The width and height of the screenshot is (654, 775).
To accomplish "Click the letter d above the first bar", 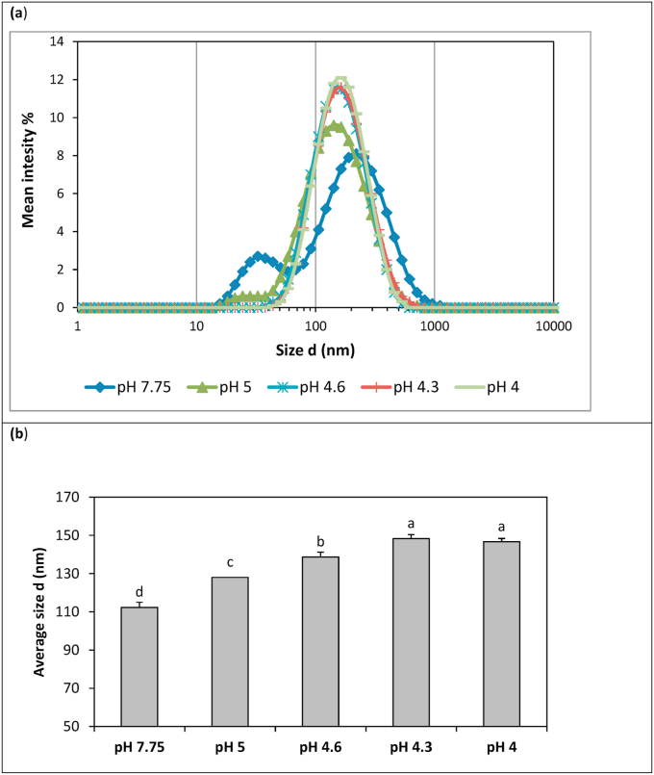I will click(138, 591).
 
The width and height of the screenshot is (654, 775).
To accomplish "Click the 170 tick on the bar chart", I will click(72, 498).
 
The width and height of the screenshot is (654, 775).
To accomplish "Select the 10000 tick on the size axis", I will click(554, 326).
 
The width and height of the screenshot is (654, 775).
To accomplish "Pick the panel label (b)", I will click(18, 434).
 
